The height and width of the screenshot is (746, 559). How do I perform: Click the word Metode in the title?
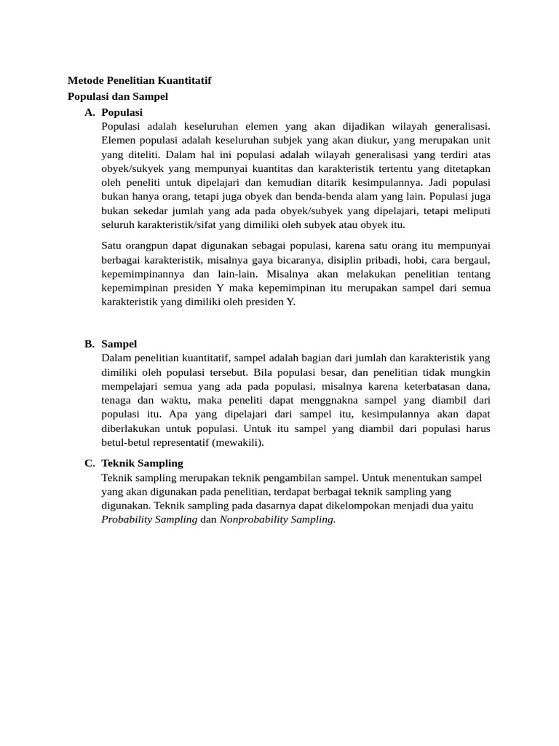tap(86, 80)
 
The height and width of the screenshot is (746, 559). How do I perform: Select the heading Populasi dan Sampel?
tap(118, 96)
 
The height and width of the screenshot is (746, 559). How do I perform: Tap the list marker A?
tap(90, 112)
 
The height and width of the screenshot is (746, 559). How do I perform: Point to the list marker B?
tap(90, 344)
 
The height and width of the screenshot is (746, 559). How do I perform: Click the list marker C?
tap(90, 463)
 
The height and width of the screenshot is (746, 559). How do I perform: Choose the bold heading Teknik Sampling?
tap(143, 463)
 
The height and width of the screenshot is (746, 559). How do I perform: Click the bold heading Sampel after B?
tap(119, 344)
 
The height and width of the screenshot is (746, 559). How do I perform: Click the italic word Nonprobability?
tap(253, 519)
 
